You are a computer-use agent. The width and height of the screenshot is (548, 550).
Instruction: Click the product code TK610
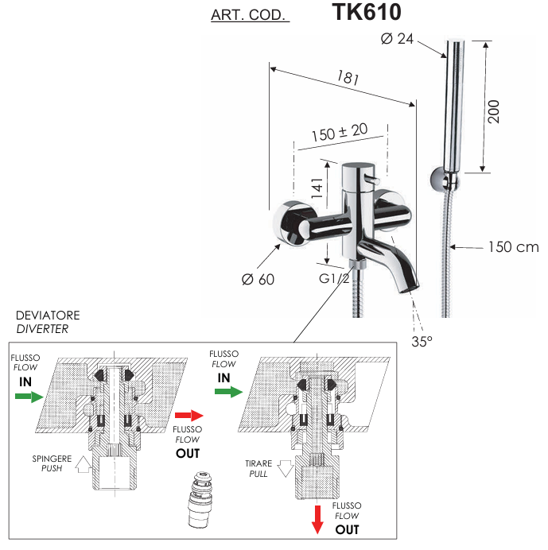(x=367, y=13)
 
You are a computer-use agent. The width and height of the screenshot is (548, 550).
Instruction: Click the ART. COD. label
(x=250, y=16)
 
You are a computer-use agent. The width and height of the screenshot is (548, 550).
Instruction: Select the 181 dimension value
(x=348, y=79)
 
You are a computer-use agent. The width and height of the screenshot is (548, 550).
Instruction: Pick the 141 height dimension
(x=316, y=188)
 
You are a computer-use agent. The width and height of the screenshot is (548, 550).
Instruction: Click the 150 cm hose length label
(x=512, y=247)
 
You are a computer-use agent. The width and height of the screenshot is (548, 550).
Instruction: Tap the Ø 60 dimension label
(x=258, y=280)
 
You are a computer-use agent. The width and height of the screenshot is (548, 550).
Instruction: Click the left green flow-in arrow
(x=28, y=396)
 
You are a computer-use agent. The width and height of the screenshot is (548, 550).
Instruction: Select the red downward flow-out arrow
(x=317, y=519)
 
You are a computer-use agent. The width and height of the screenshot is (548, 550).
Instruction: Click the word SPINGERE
(x=52, y=459)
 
